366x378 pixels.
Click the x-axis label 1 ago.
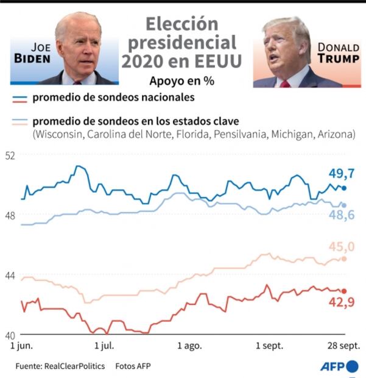(x=189, y=346)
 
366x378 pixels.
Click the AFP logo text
(x=333, y=366)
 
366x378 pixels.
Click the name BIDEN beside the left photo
(x=33, y=58)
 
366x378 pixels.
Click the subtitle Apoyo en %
(x=182, y=80)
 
